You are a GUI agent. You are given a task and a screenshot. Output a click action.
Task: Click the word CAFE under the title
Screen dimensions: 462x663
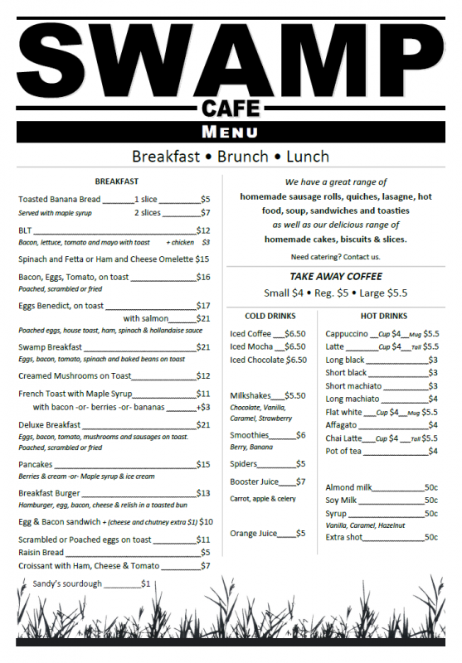pyautogui.click(x=231, y=108)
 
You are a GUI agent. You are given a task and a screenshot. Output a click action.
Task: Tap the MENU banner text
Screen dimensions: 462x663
pyautogui.click(x=231, y=132)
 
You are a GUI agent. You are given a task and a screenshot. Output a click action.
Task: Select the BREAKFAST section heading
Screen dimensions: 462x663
pyautogui.click(x=116, y=181)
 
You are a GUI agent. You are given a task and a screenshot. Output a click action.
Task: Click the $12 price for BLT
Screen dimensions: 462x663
pyautogui.click(x=203, y=230)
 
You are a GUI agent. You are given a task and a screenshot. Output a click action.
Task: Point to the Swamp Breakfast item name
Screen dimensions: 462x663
pyautogui.click(x=51, y=347)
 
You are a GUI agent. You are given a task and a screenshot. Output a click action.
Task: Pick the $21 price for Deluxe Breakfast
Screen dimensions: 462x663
pyautogui.click(x=203, y=425)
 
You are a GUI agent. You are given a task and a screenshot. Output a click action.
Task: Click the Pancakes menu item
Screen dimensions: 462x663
pyautogui.click(x=36, y=464)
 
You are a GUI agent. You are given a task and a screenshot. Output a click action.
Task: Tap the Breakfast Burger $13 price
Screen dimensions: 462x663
pyautogui.click(x=203, y=493)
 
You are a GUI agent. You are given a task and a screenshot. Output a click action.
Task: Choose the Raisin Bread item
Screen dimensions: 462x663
pyautogui.click(x=41, y=552)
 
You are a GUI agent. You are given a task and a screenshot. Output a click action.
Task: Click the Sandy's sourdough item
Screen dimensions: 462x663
pyautogui.click(x=67, y=583)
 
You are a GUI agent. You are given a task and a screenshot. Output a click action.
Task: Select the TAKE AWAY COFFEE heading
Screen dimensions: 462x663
pyautogui.click(x=336, y=276)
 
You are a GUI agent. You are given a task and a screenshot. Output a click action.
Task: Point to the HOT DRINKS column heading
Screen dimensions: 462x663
pyautogui.click(x=384, y=316)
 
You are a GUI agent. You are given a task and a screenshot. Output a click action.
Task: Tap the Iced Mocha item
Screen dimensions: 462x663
pyautogui.click(x=251, y=346)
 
